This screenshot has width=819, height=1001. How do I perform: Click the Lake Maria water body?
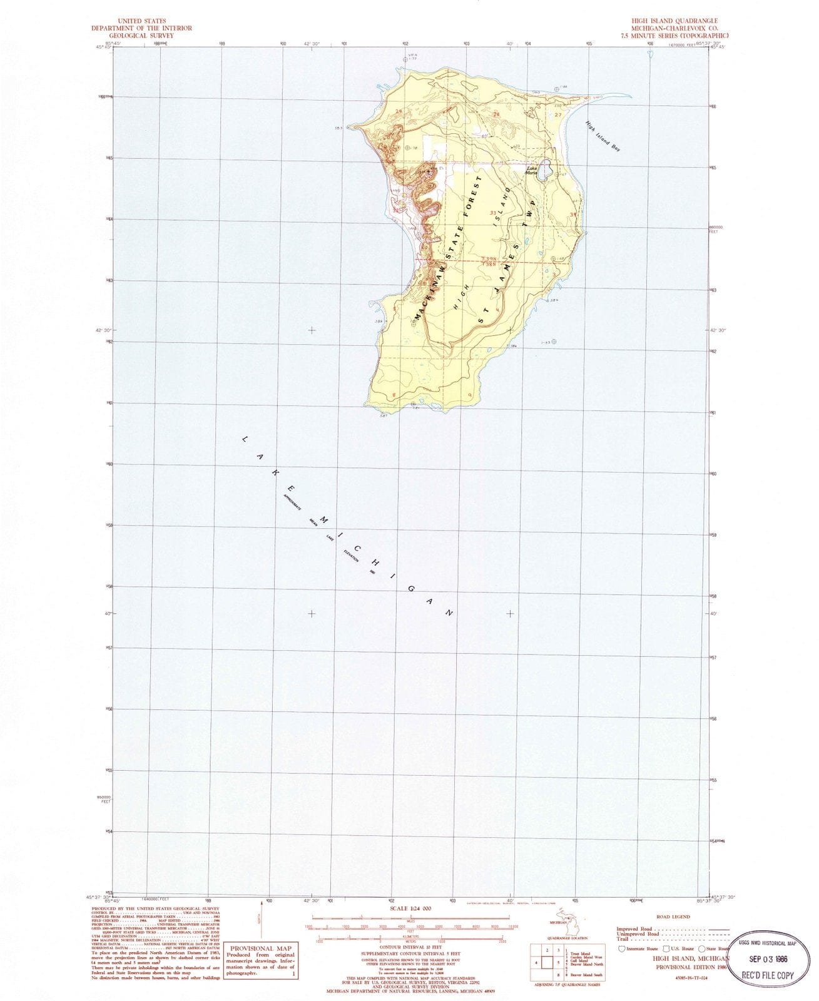click(x=546, y=170)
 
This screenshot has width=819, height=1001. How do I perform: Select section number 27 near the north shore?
click(x=558, y=115)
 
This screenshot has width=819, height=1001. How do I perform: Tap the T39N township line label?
click(x=491, y=259)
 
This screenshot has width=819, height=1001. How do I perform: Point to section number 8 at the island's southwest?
click(x=393, y=394)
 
